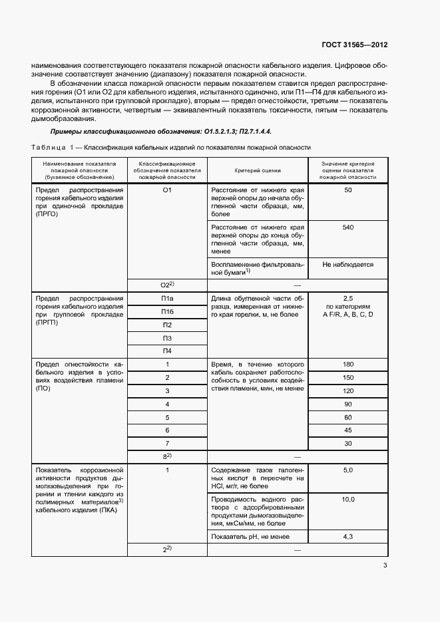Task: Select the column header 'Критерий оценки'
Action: [257, 170]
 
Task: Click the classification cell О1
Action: [167, 190]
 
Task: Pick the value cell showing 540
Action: [347, 228]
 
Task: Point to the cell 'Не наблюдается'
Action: [347, 264]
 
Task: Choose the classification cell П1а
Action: [167, 298]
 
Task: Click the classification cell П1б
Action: [167, 311]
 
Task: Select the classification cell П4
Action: [167, 351]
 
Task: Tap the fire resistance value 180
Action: [347, 365]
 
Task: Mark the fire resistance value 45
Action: [347, 430]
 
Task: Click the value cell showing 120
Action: [347, 390]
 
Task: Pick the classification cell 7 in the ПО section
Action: [167, 443]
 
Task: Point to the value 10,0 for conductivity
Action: [347, 499]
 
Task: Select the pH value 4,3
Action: [347, 536]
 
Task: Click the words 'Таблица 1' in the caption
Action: [54, 148]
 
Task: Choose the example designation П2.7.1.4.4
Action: [248, 132]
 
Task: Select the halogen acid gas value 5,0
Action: [347, 470]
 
